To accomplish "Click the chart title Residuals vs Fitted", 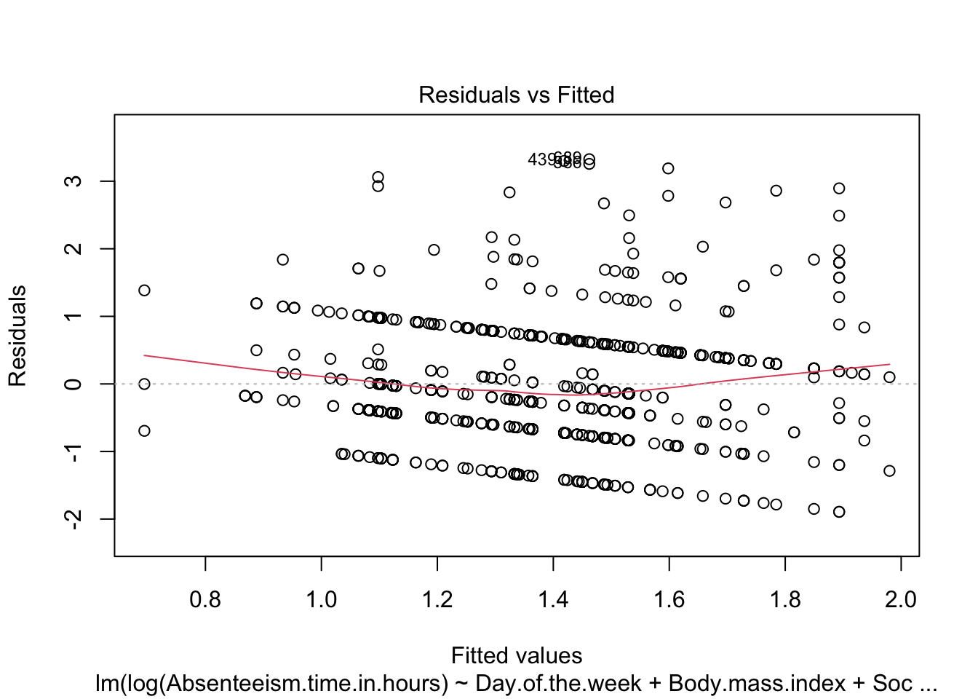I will coord(516,95).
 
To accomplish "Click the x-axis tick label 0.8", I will coord(205,599).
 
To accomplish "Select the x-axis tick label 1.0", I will coord(321,599).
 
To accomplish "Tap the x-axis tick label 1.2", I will coord(437,599).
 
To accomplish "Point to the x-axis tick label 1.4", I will coord(553,599).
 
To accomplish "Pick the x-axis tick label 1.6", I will coord(669,599).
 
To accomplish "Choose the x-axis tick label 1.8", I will coord(785,599).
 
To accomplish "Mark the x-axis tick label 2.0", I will coord(901,599).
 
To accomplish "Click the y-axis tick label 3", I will coord(73,181).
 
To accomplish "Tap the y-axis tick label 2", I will coord(73,248).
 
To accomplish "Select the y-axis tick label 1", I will coord(73,316).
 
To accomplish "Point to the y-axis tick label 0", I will coord(73,384).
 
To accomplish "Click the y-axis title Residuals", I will coord(17,336).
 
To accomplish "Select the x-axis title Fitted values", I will coord(516,655).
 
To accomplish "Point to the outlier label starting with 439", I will coord(542,159).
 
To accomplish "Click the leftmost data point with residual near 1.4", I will coord(144,291).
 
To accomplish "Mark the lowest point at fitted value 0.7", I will coord(144,431).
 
